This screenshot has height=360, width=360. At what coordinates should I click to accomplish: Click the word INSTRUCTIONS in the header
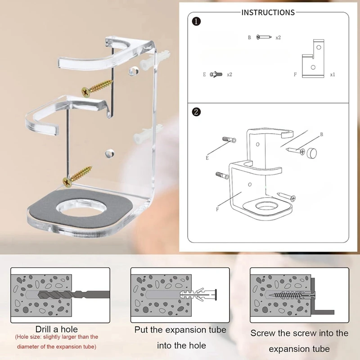(x=268, y=13)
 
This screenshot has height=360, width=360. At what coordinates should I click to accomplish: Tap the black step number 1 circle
(x=196, y=21)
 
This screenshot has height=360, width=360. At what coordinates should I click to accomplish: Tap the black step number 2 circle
(x=196, y=112)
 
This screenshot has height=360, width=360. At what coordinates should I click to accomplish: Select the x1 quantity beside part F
(x=332, y=75)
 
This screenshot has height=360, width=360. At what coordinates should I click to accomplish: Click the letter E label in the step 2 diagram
(x=207, y=158)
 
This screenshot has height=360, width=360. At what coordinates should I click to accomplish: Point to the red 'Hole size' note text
(x=57, y=342)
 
